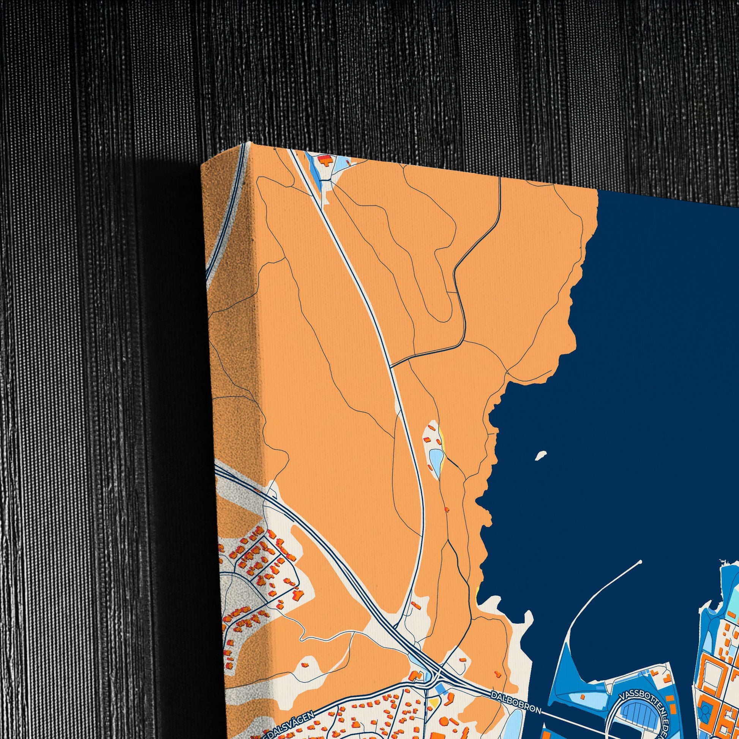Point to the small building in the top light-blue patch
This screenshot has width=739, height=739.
[348, 162]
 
